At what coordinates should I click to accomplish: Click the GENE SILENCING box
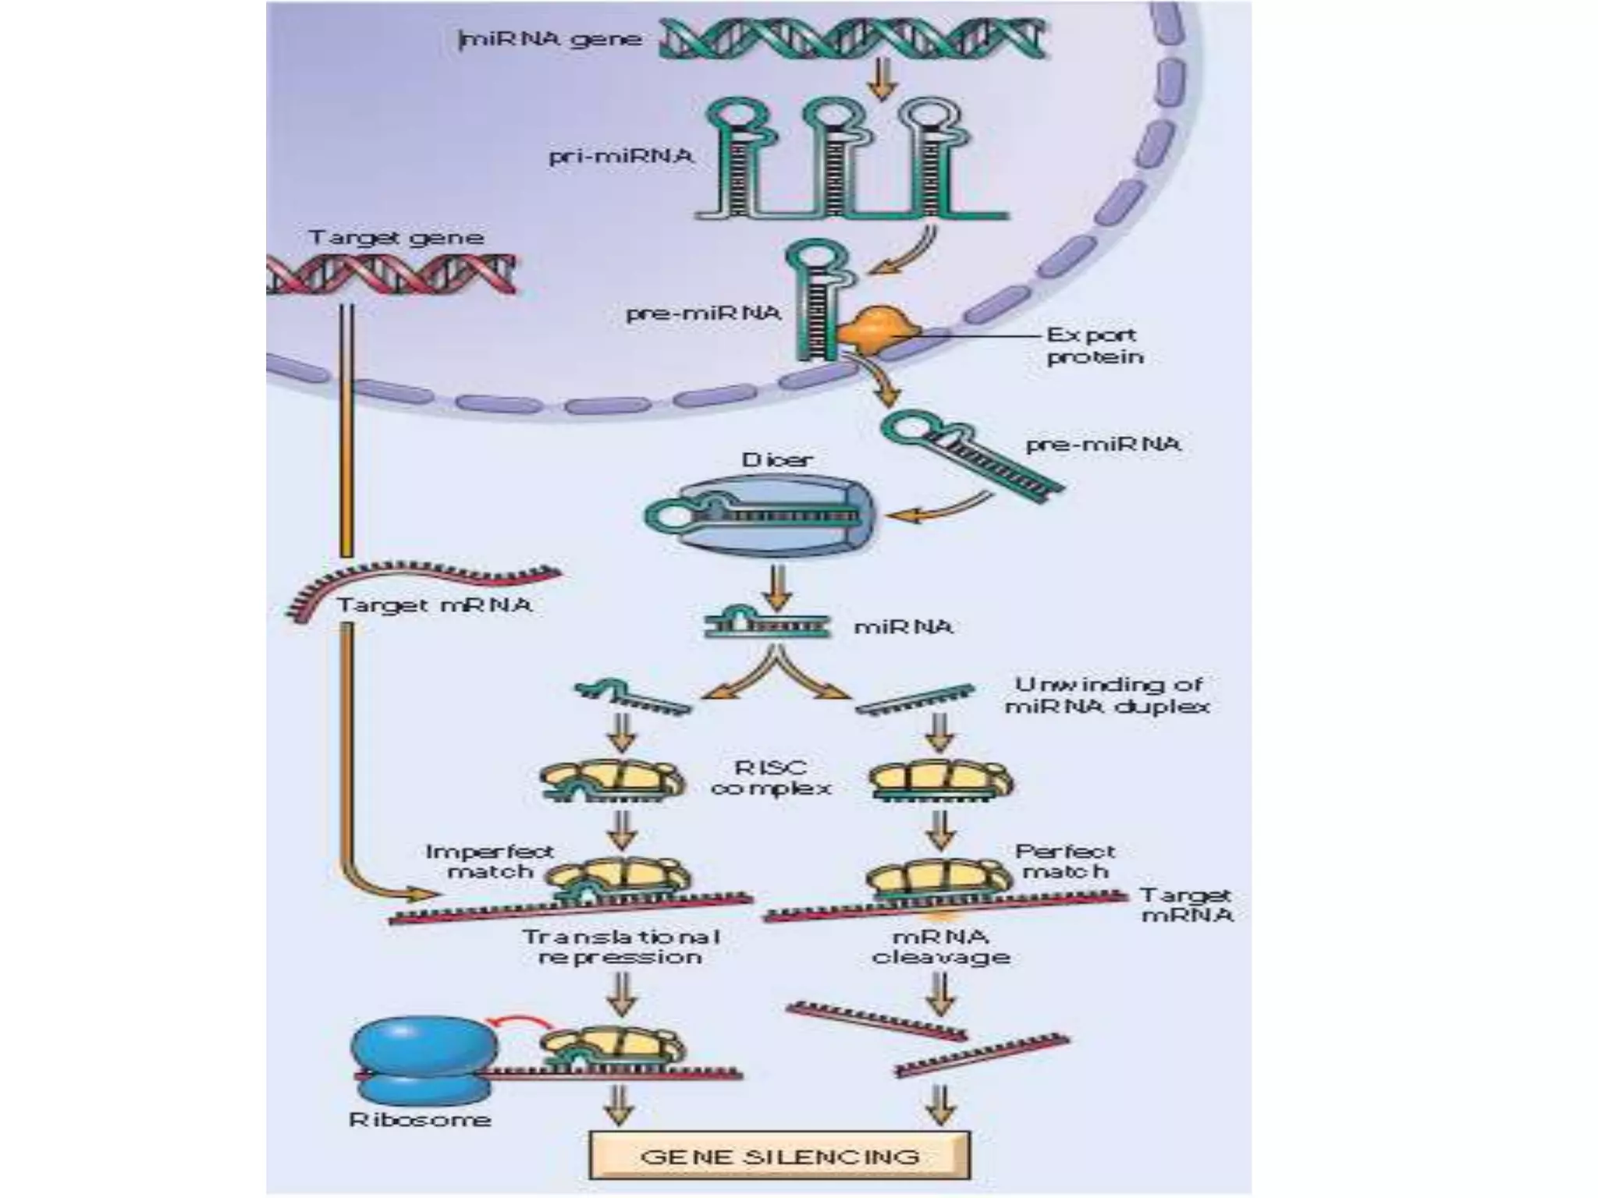pos(779,1155)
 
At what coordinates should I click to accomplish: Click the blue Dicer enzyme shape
pos(761,517)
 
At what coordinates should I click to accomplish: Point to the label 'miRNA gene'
pos(551,39)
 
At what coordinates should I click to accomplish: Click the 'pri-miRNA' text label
pos(621,156)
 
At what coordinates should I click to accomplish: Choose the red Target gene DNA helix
pos(390,273)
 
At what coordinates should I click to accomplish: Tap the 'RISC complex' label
pos(771,778)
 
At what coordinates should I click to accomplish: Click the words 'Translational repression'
pos(621,946)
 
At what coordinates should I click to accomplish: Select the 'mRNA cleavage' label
pos(940,946)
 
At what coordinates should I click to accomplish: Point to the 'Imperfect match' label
pos(489,861)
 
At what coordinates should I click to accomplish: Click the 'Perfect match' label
pos(1065,861)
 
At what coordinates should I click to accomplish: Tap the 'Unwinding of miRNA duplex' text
pos(1108,695)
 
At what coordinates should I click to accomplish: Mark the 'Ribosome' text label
pos(420,1120)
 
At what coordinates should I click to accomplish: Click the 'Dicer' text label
pos(776,459)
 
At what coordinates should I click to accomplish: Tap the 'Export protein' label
pos(1094,346)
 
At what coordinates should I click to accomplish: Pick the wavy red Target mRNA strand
pos(421,581)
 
